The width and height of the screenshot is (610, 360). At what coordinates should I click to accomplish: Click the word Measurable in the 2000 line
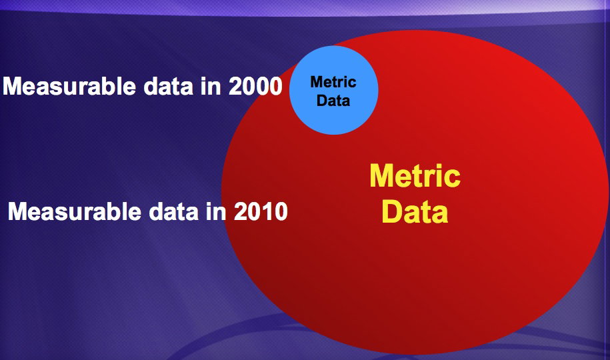(x=69, y=86)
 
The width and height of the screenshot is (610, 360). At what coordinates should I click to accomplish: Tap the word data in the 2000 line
(x=169, y=86)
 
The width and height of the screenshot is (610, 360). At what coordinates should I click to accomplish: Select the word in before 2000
(x=211, y=86)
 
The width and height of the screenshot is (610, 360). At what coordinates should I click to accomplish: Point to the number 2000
(x=255, y=86)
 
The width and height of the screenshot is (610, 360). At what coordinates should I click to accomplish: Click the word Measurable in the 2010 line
(x=75, y=211)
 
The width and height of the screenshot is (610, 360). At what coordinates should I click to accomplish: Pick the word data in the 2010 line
(x=174, y=211)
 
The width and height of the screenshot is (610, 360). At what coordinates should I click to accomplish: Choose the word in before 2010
(x=216, y=211)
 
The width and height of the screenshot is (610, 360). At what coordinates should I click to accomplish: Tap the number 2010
(x=261, y=211)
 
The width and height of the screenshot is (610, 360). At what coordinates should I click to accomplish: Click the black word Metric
(x=333, y=82)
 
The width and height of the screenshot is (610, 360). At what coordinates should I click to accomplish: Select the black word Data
(x=333, y=101)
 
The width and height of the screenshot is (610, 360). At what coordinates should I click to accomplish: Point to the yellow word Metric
(x=415, y=176)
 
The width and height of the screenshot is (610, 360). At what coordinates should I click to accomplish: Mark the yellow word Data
(x=415, y=211)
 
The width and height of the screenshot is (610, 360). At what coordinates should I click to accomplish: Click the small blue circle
(x=334, y=90)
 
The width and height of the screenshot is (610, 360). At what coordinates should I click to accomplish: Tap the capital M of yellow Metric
(x=381, y=176)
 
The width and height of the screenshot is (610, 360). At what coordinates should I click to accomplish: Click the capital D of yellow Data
(x=391, y=211)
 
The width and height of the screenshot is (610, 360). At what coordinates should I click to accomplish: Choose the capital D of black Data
(x=322, y=101)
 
